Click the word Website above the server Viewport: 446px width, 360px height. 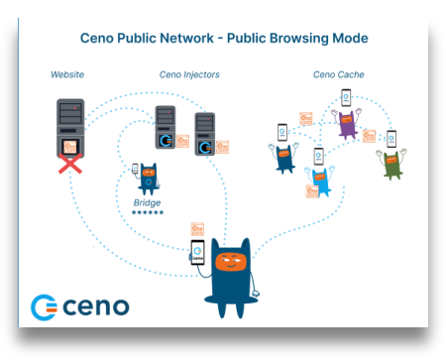click(66, 74)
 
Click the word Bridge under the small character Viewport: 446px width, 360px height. click(147, 202)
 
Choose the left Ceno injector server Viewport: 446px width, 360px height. click(166, 127)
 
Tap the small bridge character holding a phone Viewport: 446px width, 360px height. click(149, 179)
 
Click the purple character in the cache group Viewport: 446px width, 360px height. click(346, 125)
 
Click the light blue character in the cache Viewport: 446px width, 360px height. click(319, 181)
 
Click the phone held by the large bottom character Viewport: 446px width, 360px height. click(198, 254)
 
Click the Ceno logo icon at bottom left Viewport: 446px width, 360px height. click(45, 306)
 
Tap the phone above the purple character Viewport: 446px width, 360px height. click(346, 98)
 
